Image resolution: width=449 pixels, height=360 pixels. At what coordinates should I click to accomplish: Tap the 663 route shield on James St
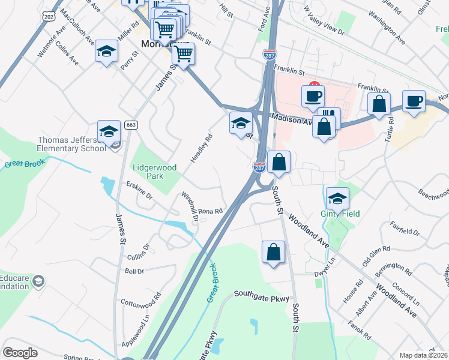[131, 125]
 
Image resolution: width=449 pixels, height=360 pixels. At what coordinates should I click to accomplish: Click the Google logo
[20, 353]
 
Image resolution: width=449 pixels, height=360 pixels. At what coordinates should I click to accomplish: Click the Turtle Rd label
[391, 128]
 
